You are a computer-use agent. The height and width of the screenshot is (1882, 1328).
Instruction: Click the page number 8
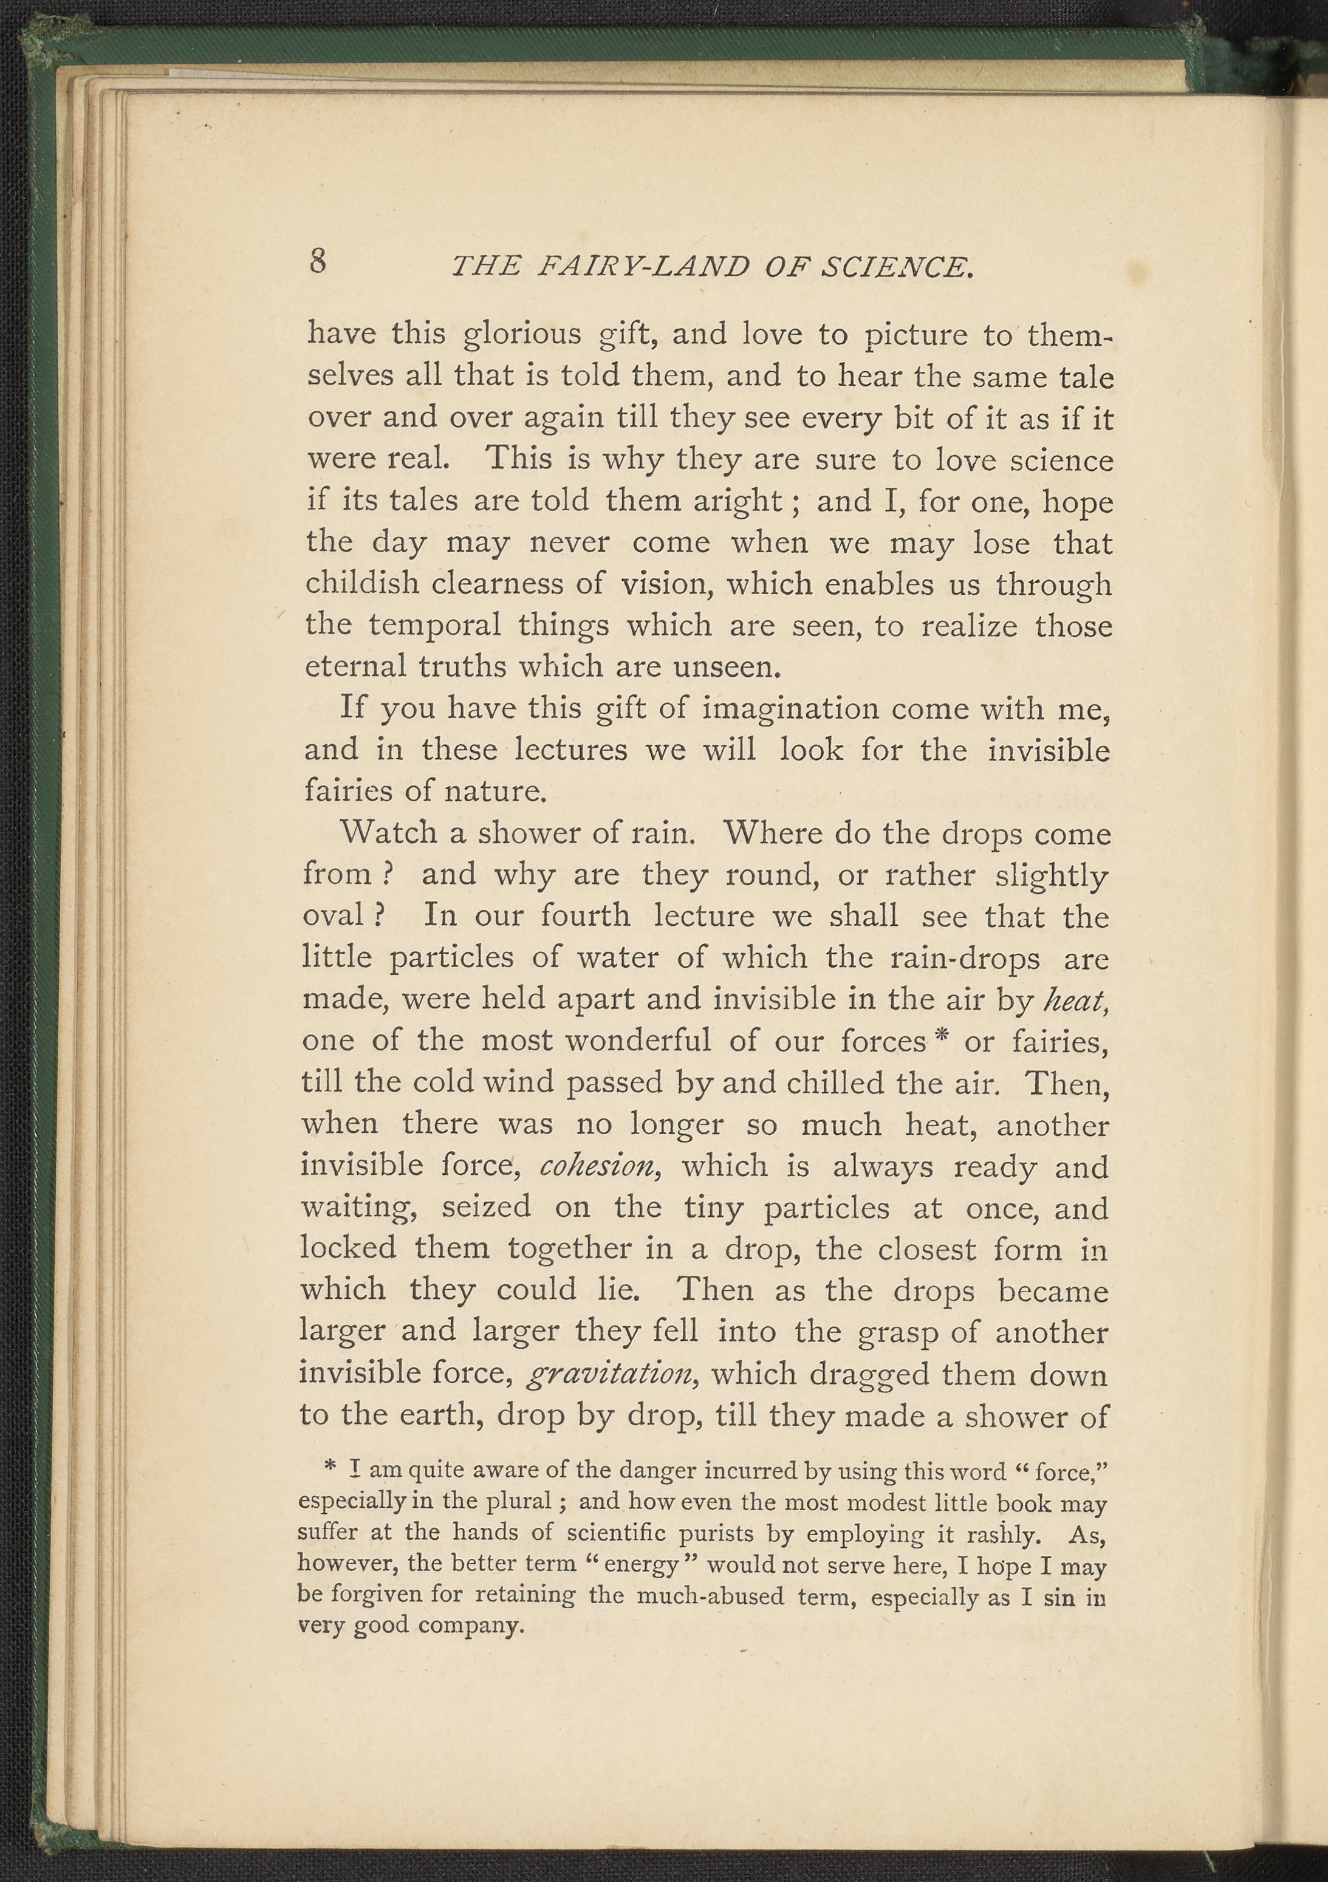[x=318, y=261]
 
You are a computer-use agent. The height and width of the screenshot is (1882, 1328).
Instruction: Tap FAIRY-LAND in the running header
[x=640, y=267]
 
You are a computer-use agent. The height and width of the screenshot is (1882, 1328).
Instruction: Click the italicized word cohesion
[x=601, y=1166]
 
